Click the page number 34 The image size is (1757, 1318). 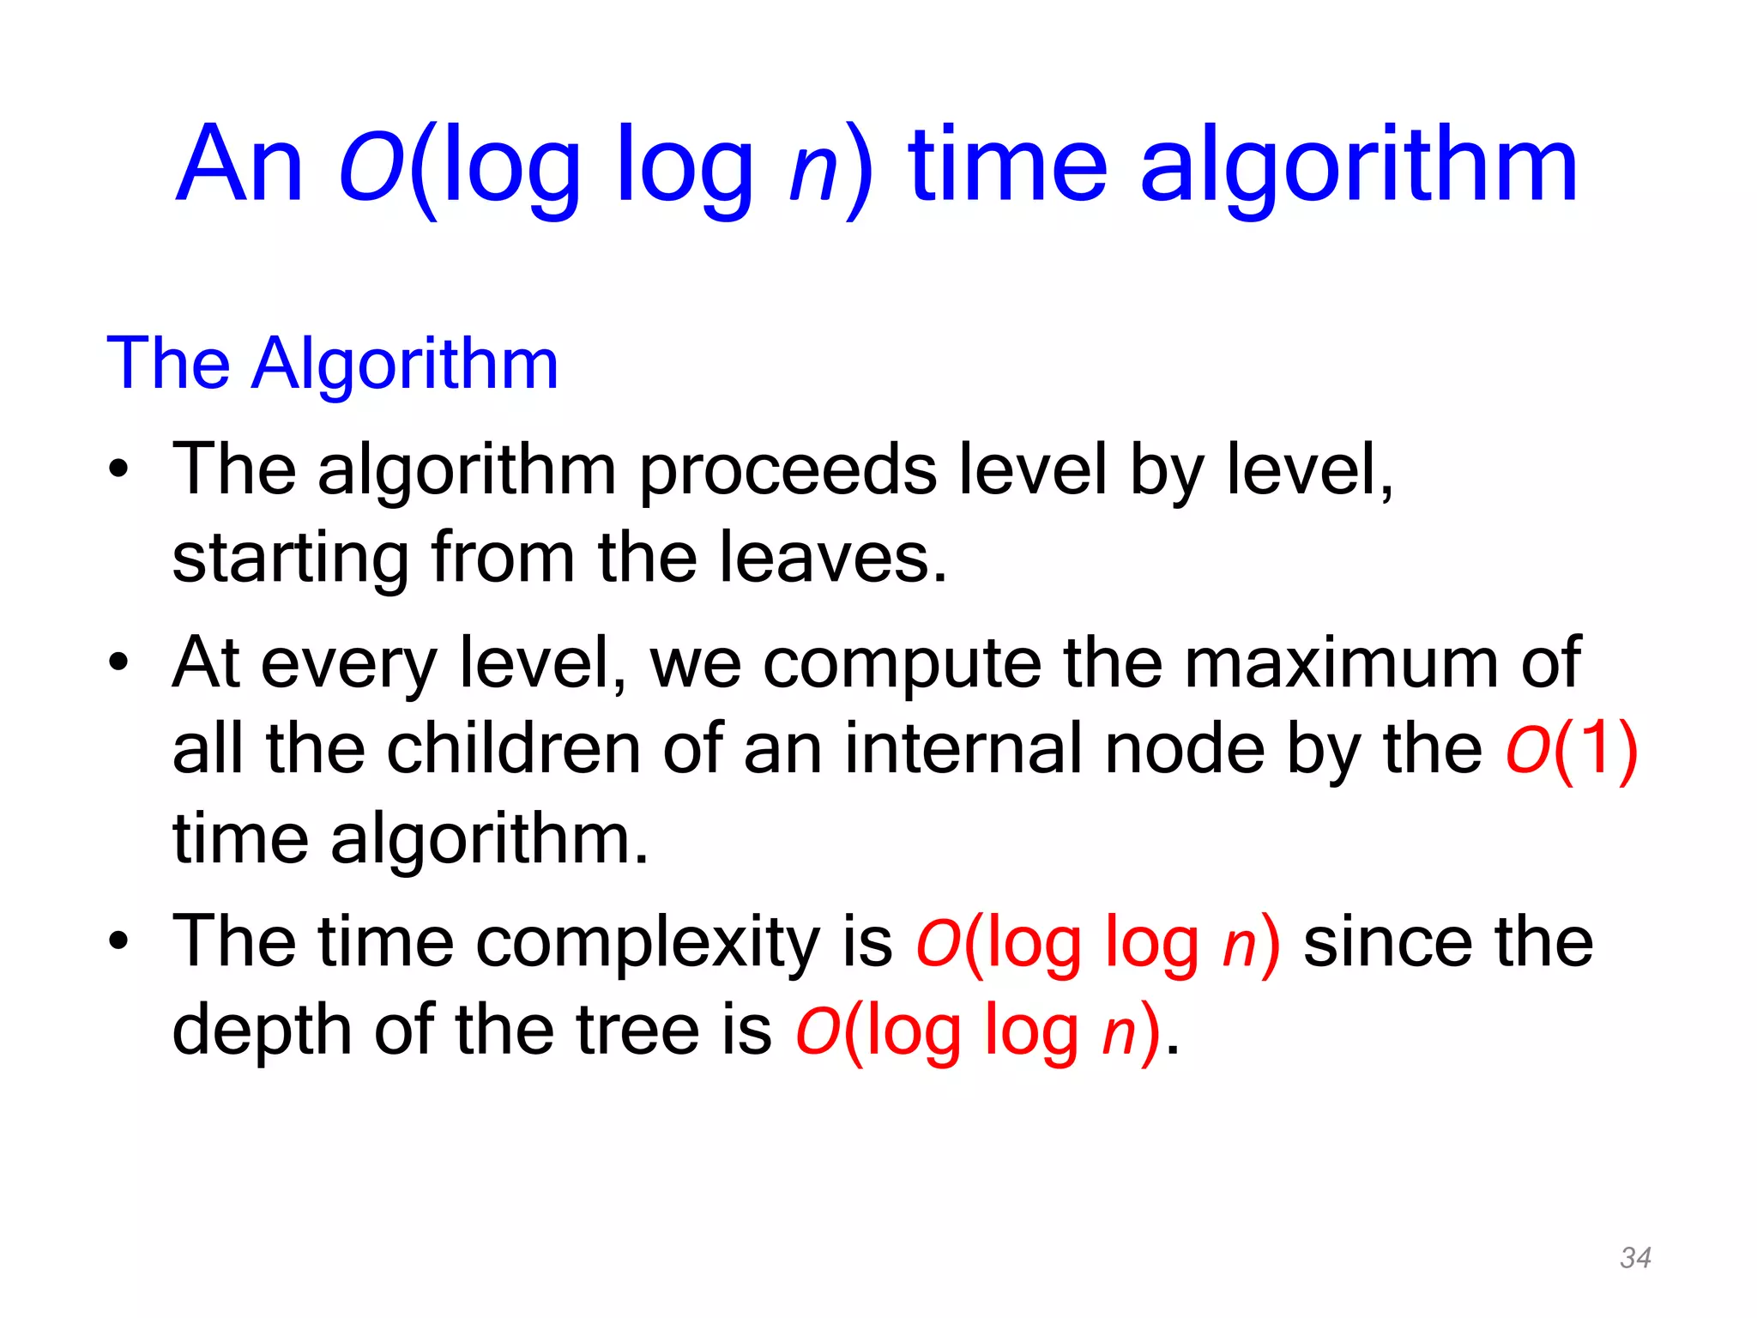click(1635, 1258)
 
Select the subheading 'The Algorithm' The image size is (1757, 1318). click(332, 364)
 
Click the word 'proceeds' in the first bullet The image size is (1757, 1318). click(788, 472)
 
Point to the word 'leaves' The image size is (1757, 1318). click(832, 558)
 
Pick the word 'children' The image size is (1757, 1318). click(513, 749)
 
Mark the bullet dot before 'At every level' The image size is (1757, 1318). click(118, 663)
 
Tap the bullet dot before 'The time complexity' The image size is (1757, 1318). click(118, 941)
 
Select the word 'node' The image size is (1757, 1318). click(1185, 749)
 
